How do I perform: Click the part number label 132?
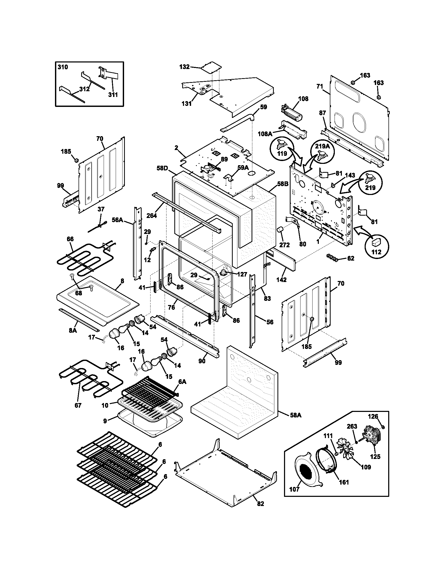pos(184,67)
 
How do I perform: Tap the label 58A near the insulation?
pos(296,416)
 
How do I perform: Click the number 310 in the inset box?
pos(63,67)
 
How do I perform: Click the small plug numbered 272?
pos(280,230)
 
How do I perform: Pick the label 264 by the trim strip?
pos(152,216)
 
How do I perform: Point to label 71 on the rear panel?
pos(320,86)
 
